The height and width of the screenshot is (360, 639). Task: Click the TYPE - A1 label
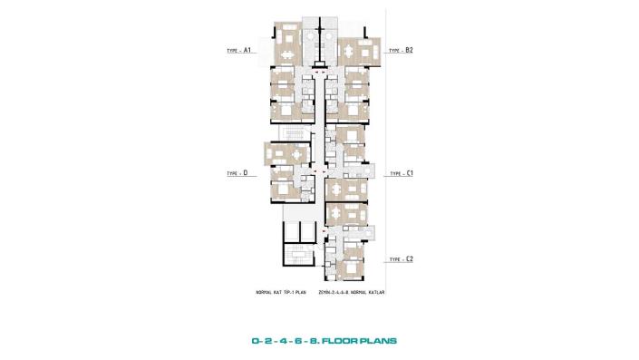pyautogui.click(x=238, y=51)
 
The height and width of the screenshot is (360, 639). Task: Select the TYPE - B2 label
pyautogui.click(x=402, y=51)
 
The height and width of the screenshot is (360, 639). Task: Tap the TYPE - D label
pyautogui.click(x=238, y=172)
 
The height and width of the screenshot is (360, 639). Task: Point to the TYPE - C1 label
pyautogui.click(x=402, y=172)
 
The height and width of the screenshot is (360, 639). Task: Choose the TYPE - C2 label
pyautogui.click(x=402, y=259)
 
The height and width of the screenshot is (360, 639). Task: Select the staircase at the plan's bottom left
pyautogui.click(x=297, y=256)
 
